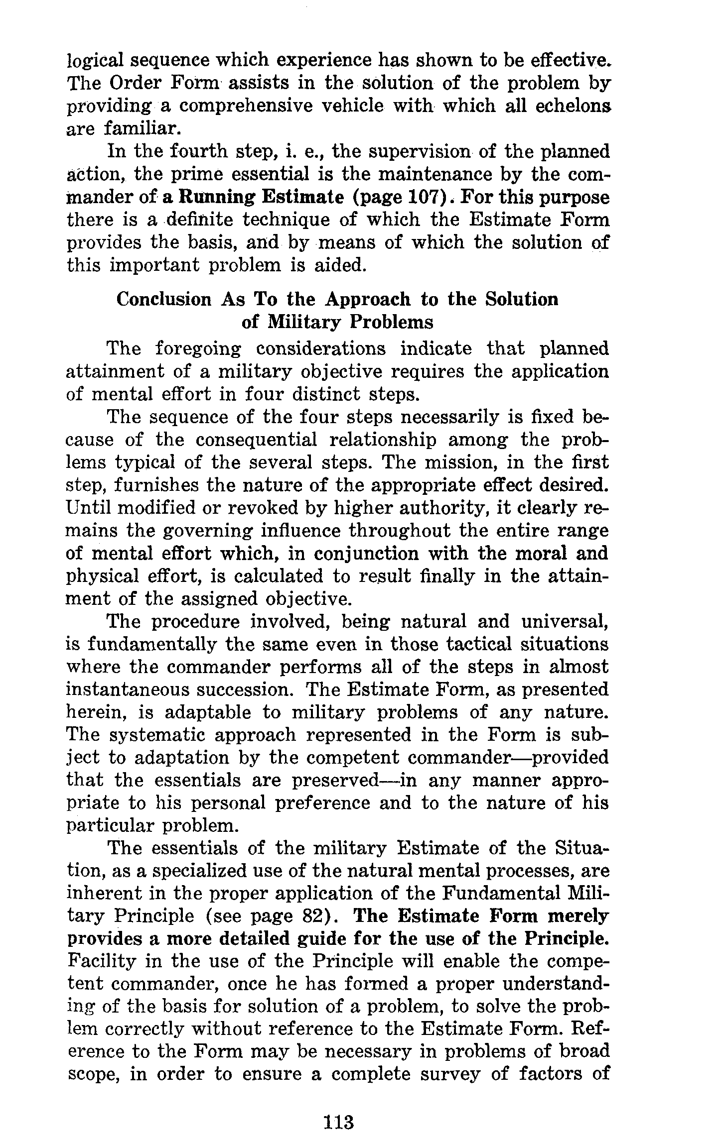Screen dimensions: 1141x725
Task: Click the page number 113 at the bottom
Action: coord(338,1108)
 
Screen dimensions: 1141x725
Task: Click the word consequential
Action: coord(256,440)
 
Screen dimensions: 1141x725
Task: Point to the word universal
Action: coord(564,622)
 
